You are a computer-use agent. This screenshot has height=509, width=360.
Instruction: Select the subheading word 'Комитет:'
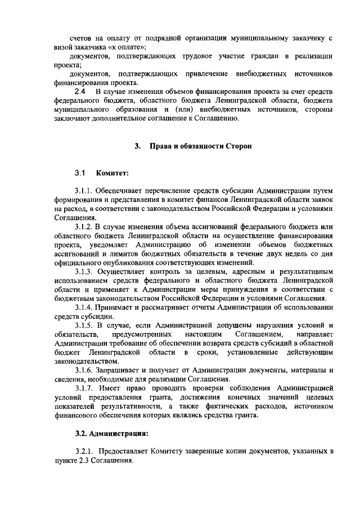(112, 173)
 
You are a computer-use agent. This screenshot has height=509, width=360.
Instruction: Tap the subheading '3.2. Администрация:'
(111, 434)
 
